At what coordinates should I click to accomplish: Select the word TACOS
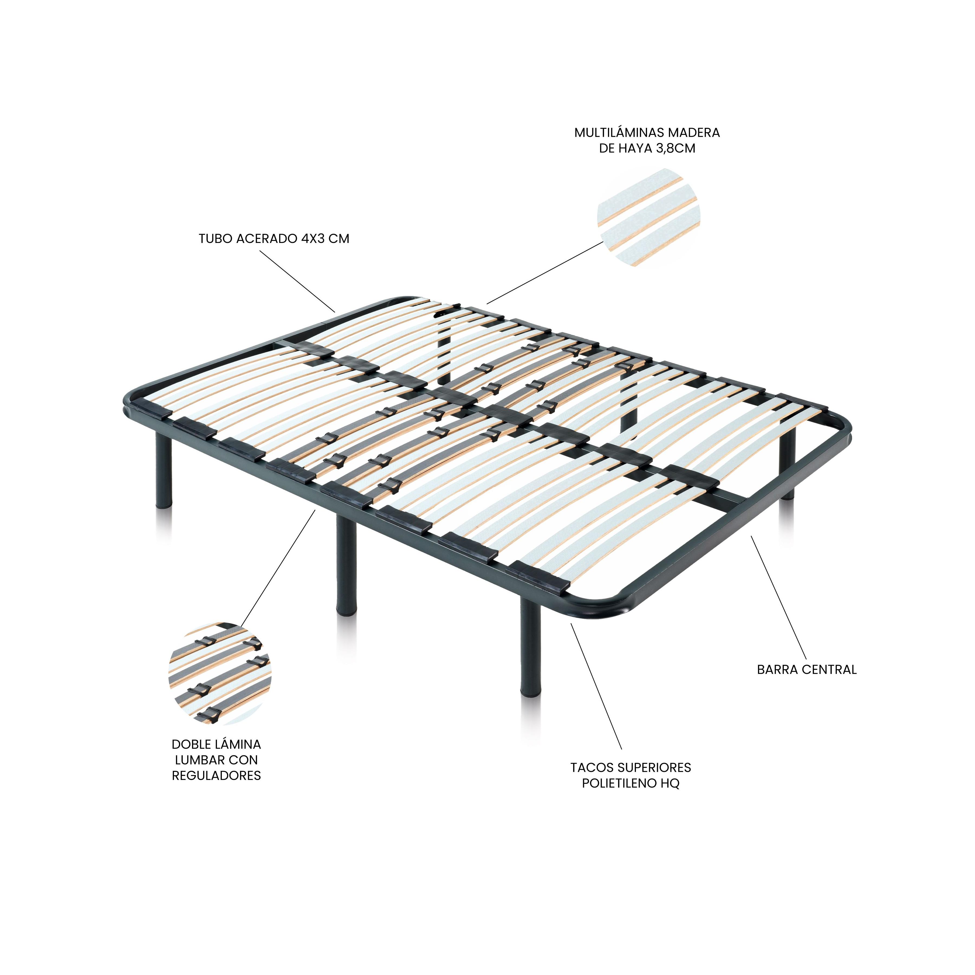point(590,768)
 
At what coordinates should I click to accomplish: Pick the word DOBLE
point(190,744)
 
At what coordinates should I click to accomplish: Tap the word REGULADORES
point(216,776)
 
